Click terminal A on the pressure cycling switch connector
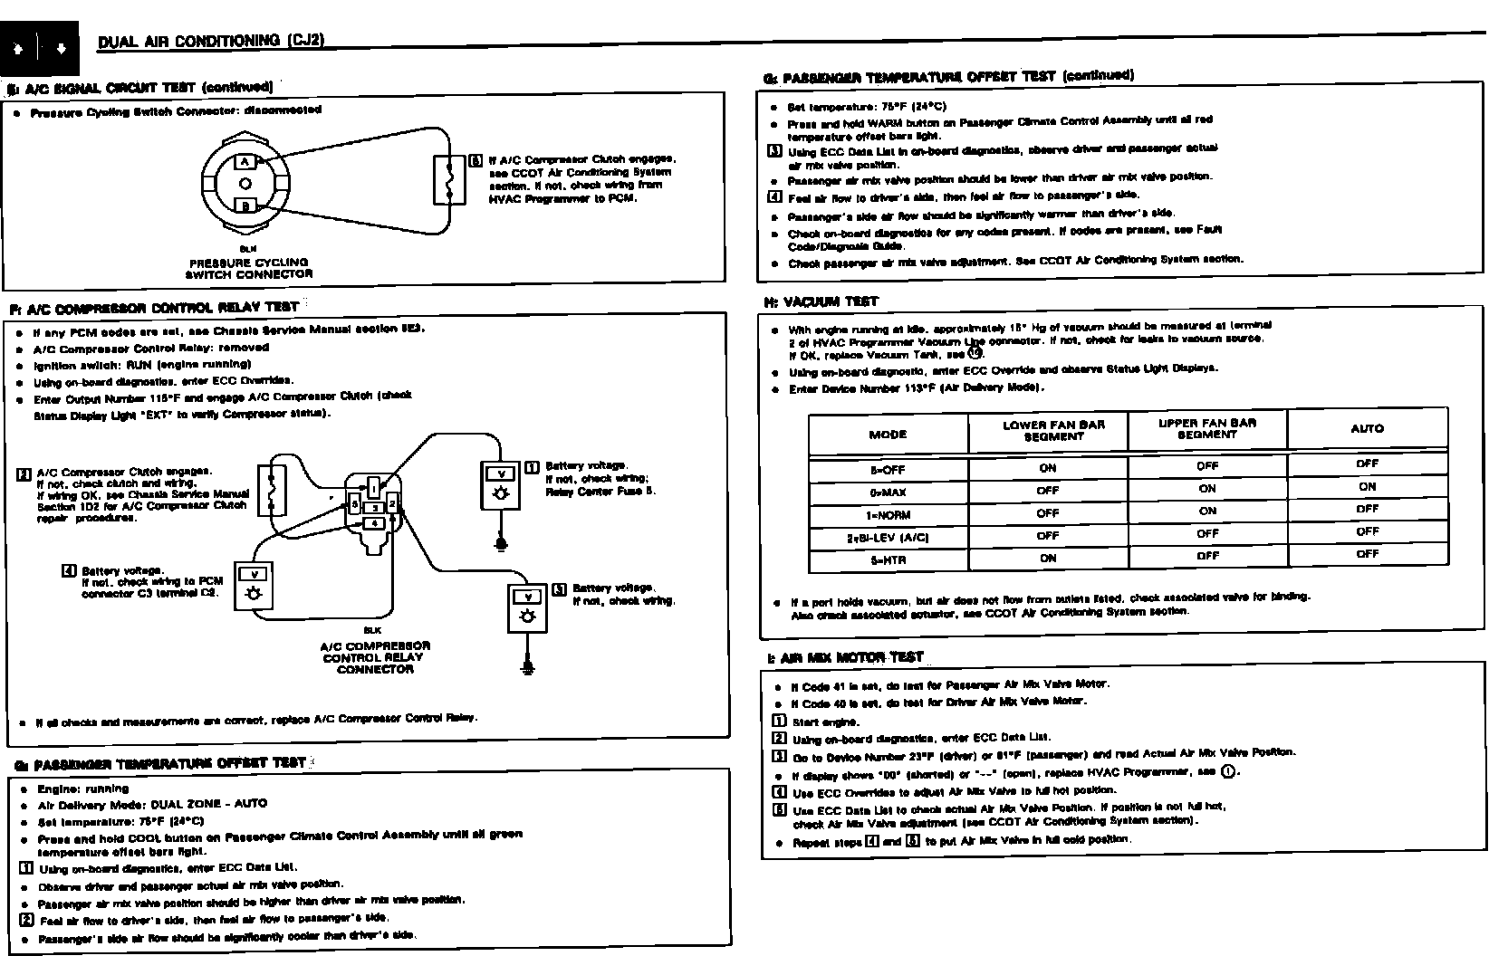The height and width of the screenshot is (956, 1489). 245,162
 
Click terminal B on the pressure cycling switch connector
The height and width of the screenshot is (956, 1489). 245,206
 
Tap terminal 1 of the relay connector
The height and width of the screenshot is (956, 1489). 374,488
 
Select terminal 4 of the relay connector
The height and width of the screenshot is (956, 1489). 373,523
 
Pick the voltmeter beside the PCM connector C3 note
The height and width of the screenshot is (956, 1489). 255,585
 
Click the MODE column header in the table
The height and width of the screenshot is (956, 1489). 888,435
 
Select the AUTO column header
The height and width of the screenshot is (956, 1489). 1367,428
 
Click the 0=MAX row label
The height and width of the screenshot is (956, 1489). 888,492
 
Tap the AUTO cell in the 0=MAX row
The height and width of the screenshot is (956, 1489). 1367,486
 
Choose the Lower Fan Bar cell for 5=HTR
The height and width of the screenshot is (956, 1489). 1048,559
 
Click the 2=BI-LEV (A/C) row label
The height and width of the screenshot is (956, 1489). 888,538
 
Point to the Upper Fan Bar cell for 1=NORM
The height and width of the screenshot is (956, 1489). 1207,511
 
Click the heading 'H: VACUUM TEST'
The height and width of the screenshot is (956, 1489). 821,301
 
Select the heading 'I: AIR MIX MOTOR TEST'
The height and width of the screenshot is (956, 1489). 845,658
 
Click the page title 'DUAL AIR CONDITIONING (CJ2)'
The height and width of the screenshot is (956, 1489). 210,41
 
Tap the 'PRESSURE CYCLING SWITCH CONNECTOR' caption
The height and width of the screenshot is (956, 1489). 248,268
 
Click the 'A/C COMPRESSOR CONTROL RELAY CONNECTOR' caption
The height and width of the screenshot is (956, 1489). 375,657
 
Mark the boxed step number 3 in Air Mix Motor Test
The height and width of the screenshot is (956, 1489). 779,756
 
